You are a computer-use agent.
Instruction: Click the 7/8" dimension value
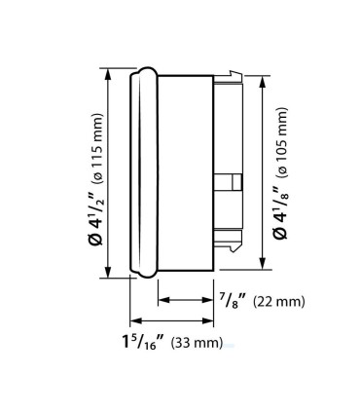click(x=231, y=300)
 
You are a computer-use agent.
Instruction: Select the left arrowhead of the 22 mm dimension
click(x=162, y=300)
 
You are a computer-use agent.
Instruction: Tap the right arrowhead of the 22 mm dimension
click(x=209, y=300)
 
